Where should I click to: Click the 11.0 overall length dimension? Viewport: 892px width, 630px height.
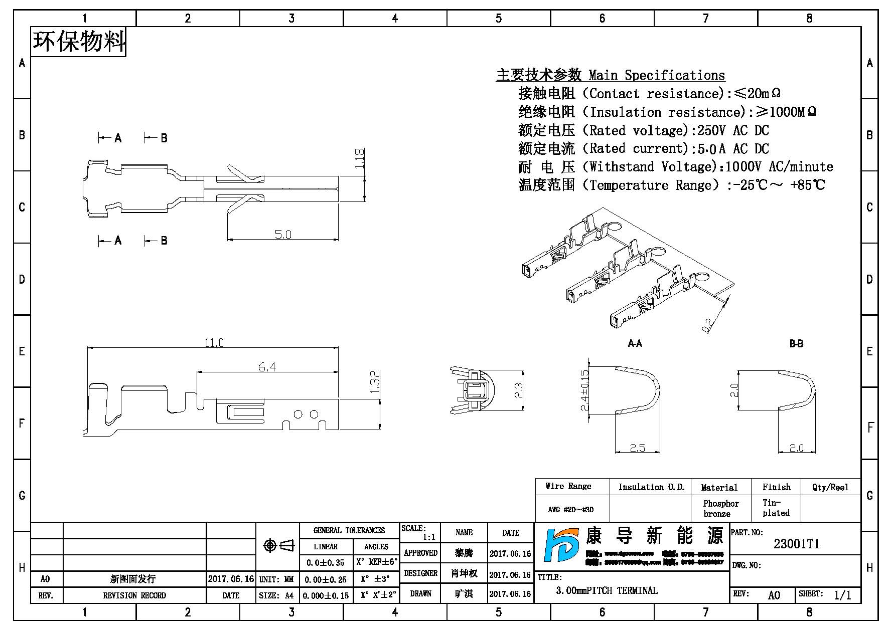pyautogui.click(x=214, y=343)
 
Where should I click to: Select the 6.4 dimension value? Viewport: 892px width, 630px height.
pyautogui.click(x=267, y=367)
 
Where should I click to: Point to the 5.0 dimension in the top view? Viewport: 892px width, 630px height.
pyautogui.click(x=282, y=235)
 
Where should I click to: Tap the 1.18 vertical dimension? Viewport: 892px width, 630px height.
pyautogui.click(x=359, y=158)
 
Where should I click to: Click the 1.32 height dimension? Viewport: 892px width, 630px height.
pyautogui.click(x=375, y=382)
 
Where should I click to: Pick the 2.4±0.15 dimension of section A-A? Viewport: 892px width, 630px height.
pyautogui.click(x=584, y=390)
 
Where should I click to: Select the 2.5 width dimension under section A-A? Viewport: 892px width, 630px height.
pyautogui.click(x=637, y=448)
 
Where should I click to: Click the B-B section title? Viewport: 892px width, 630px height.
pyautogui.click(x=796, y=344)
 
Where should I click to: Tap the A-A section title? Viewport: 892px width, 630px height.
pyautogui.click(x=635, y=344)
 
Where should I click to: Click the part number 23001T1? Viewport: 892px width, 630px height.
pyautogui.click(x=796, y=544)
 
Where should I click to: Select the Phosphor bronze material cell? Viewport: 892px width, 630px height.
pyautogui.click(x=720, y=509)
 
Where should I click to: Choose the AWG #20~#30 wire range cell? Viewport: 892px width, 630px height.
pyautogui.click(x=571, y=510)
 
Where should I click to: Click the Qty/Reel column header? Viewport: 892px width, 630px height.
pyautogui.click(x=830, y=487)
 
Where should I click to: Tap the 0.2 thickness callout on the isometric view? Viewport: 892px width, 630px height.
pyautogui.click(x=708, y=326)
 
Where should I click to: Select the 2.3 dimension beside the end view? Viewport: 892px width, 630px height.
pyautogui.click(x=518, y=390)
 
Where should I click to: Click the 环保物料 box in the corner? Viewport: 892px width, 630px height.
pyautogui.click(x=79, y=42)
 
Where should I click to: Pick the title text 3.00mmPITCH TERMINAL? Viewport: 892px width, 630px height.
pyautogui.click(x=607, y=591)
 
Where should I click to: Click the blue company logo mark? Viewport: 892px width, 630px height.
pyautogui.click(x=561, y=545)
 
